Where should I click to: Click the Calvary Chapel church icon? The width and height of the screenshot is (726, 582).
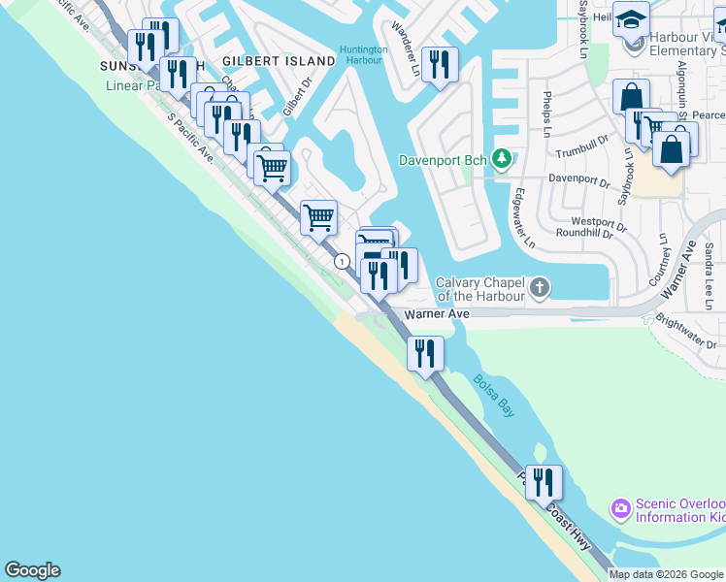tap(540, 288)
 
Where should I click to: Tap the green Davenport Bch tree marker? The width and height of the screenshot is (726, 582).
tap(502, 158)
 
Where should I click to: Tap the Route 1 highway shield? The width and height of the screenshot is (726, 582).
tap(342, 261)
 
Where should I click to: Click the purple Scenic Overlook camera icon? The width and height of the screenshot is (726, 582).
tap(619, 508)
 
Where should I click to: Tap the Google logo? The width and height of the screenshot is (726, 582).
tap(32, 570)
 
